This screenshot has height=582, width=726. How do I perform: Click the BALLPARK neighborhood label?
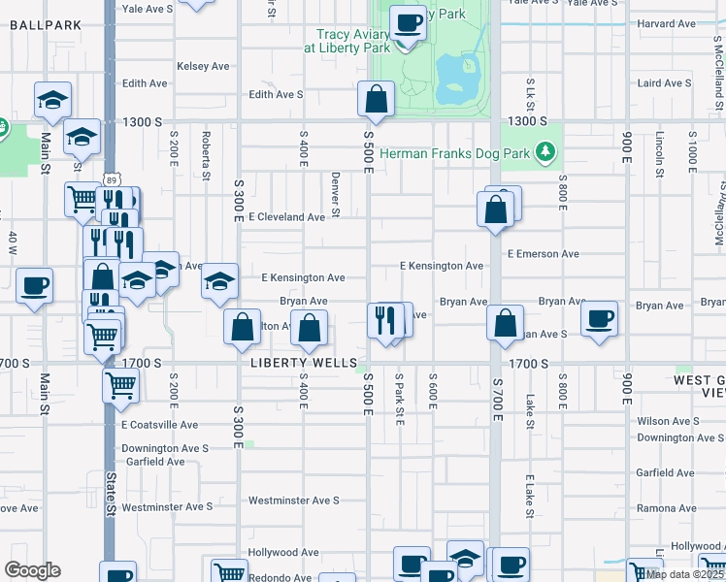pyautogui.click(x=39, y=25)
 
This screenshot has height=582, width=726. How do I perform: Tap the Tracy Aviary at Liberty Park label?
pyautogui.click(x=346, y=40)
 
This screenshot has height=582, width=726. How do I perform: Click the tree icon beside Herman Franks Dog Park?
pyautogui.click(x=546, y=151)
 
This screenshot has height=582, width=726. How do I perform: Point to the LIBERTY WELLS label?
pyautogui.click(x=291, y=363)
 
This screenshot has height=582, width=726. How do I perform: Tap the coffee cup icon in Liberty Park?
pyautogui.click(x=408, y=21)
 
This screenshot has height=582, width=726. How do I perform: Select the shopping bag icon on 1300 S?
pyautogui.click(x=376, y=99)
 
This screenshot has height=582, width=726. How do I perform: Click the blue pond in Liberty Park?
pyautogui.click(x=455, y=80)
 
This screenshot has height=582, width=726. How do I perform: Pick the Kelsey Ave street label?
pyautogui.click(x=203, y=66)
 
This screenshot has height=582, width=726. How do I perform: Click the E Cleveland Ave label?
pyautogui.click(x=286, y=217)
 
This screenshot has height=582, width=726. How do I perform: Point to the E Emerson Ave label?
pyautogui.click(x=544, y=254)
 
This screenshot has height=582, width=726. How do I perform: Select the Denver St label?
pyautogui.click(x=335, y=194)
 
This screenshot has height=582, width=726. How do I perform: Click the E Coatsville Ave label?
pyautogui.click(x=159, y=425)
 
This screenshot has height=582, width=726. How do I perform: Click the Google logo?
pyautogui.click(x=32, y=570)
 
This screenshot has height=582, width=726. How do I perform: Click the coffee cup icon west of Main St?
pyautogui.click(x=34, y=286)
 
